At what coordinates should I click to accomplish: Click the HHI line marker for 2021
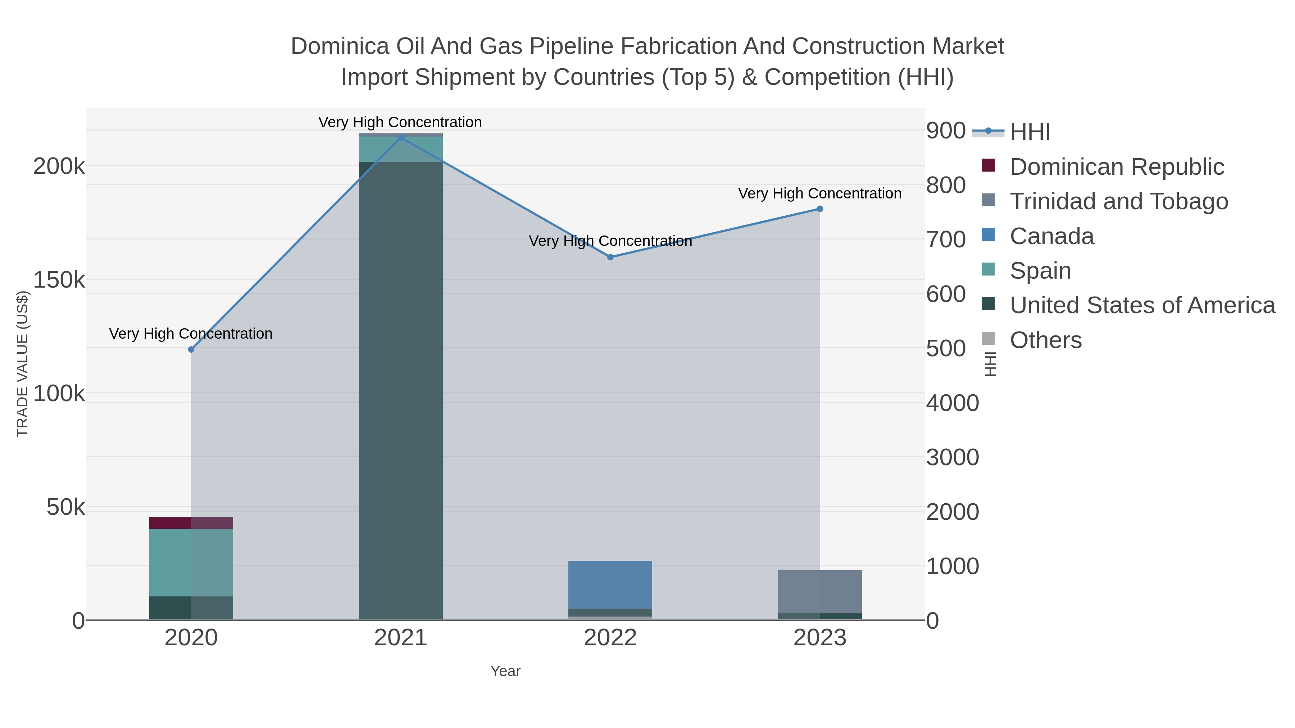click(401, 138)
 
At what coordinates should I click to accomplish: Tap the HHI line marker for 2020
click(191, 349)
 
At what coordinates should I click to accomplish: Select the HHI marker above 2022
click(610, 257)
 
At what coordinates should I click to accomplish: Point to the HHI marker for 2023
click(820, 209)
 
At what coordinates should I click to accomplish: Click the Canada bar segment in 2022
click(610, 584)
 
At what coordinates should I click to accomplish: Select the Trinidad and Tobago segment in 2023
click(820, 591)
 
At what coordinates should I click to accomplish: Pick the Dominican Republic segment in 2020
click(191, 523)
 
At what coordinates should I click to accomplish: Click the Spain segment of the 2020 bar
click(191, 562)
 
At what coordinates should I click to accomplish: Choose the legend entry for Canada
click(1052, 236)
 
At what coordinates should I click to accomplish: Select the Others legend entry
click(1046, 340)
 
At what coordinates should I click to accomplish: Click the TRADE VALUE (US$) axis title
click(23, 364)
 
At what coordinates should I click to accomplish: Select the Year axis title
click(505, 671)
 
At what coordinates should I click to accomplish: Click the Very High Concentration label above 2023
click(819, 193)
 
